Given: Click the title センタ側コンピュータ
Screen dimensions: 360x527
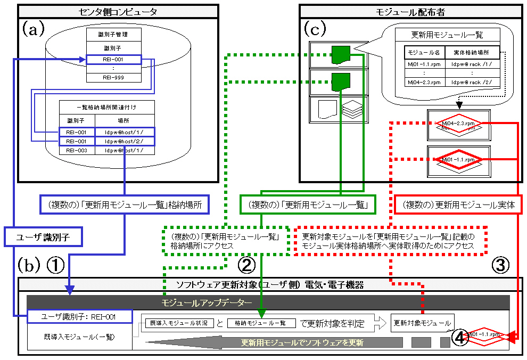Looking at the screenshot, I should coord(118,11).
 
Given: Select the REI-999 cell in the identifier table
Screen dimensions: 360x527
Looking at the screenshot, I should coord(113,77).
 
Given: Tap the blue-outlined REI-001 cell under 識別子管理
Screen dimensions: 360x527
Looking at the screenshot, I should coord(113,60).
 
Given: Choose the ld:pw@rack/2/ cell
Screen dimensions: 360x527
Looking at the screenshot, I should coord(472,83).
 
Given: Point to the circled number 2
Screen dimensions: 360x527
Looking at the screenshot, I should coord(246,265).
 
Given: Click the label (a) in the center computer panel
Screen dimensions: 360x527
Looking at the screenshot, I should coord(33,29).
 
